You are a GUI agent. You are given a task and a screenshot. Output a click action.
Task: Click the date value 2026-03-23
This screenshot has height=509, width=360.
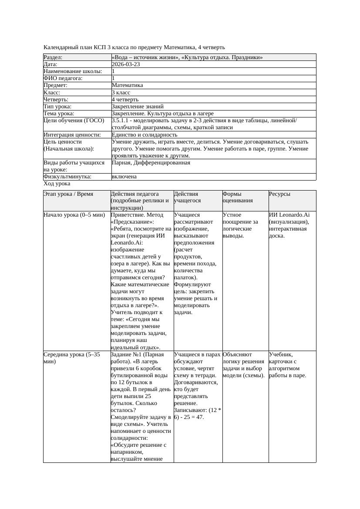[x=126, y=64]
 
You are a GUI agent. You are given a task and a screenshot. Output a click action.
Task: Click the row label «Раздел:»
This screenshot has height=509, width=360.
[x=53, y=57]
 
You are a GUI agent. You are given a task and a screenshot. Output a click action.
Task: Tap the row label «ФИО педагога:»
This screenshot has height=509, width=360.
[x=63, y=78]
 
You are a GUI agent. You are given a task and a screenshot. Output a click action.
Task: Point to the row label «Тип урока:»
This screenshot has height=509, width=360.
[x=57, y=107]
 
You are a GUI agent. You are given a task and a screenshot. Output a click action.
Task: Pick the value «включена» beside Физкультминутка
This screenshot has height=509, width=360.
[x=124, y=177]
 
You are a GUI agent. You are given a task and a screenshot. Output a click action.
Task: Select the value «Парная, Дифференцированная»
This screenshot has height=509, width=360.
[x=151, y=163]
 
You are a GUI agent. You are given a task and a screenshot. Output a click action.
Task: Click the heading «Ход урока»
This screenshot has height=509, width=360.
[x=57, y=184]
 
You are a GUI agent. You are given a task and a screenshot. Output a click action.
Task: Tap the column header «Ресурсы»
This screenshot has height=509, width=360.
[x=279, y=194]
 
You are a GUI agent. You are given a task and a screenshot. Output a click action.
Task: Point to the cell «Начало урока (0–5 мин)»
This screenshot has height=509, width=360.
[x=74, y=215]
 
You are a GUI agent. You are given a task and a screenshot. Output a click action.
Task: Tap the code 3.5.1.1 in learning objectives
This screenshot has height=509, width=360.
[x=123, y=121]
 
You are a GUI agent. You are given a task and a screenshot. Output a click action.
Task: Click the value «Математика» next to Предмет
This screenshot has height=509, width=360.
[x=127, y=86]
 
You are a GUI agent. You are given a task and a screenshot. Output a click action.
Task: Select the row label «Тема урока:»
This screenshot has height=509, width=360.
[x=59, y=114]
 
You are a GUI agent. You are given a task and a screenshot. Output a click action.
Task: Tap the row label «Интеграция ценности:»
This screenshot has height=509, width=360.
[x=72, y=135]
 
